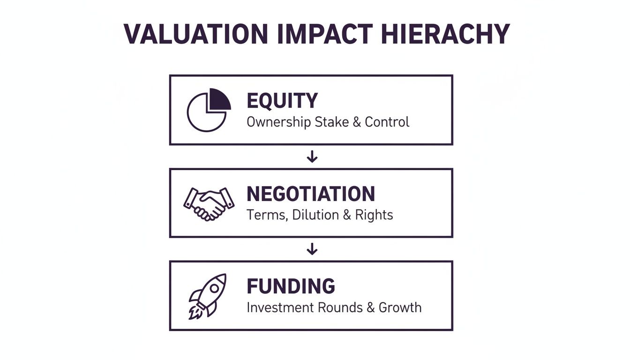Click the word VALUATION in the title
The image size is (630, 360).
coord(196,34)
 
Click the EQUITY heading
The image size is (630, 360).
coord(282,101)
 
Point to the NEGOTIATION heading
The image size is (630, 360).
coord(311,194)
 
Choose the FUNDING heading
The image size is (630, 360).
coord(291,286)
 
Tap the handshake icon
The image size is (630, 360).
coord(209,203)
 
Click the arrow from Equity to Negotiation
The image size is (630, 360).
coord(312,157)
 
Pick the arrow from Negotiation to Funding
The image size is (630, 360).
coord(312,249)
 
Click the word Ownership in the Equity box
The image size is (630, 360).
coord(272,122)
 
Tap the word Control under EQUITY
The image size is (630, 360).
coord(387,122)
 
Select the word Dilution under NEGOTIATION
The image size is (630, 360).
coord(312,215)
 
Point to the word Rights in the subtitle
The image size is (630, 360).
coord(374,215)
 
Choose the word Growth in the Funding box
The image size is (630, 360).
coord(400,308)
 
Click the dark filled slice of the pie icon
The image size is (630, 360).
coord(219,99)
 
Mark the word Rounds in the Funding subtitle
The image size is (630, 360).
coord(340,308)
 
